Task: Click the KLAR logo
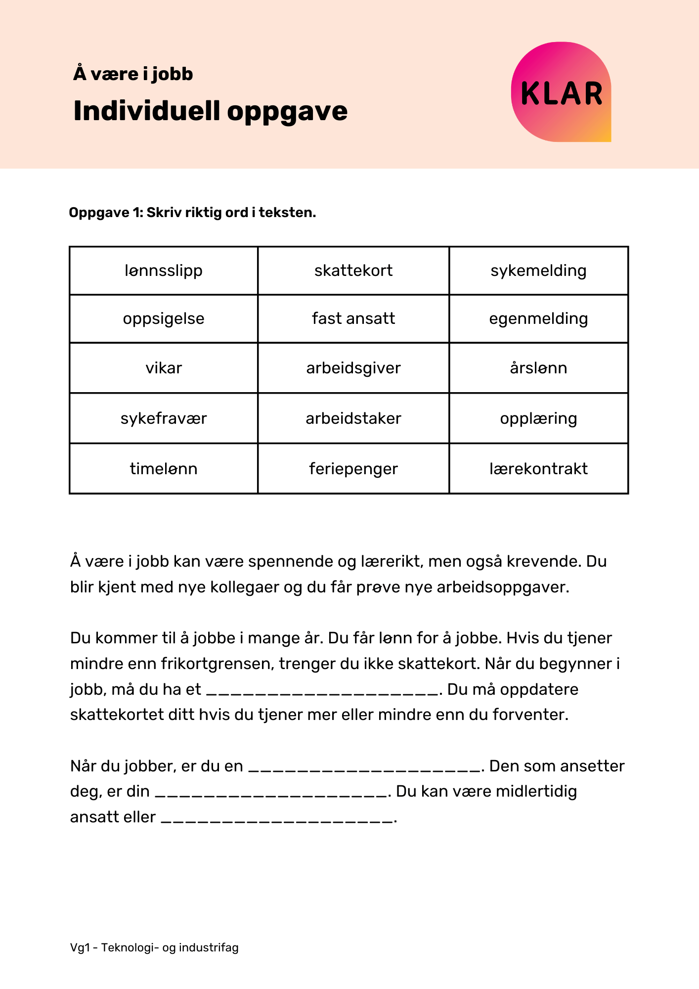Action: [x=561, y=92]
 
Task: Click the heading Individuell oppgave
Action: [x=210, y=111]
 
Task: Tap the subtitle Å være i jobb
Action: [x=133, y=74]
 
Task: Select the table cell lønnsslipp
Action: [x=164, y=271]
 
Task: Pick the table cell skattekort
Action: [x=353, y=271]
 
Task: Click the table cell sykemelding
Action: [x=538, y=271]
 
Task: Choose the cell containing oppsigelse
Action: [x=164, y=318]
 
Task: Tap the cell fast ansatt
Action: [x=353, y=318]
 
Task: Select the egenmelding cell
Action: [x=538, y=318]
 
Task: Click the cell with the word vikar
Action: [x=164, y=368]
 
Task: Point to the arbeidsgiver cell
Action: [x=353, y=368]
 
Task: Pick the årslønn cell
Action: [x=538, y=368]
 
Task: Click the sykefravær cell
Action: [x=164, y=418]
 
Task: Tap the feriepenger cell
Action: [x=353, y=468]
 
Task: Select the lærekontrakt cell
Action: [x=538, y=468]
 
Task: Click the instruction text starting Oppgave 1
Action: [x=192, y=213]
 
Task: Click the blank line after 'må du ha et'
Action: [x=322, y=691]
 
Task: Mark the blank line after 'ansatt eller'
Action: [x=278, y=819]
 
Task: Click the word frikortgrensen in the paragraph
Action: [x=217, y=664]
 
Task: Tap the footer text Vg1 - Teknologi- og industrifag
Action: [x=154, y=947]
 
